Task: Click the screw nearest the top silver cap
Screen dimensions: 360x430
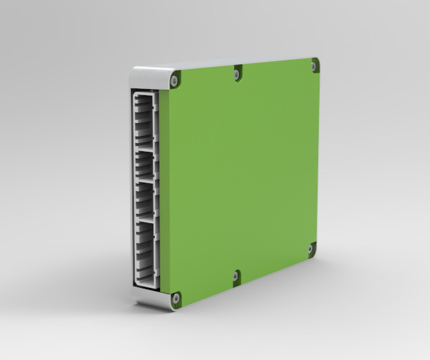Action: pos(174,81)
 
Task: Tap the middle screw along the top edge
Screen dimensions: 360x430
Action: pos(238,73)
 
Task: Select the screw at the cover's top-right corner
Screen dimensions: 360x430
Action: pos(314,66)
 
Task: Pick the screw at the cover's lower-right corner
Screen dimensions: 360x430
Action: pos(310,248)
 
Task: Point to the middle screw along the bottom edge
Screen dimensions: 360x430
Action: pos(236,276)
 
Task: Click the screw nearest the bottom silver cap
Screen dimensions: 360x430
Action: pos(175,298)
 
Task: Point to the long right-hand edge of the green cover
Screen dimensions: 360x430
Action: pos(318,157)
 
